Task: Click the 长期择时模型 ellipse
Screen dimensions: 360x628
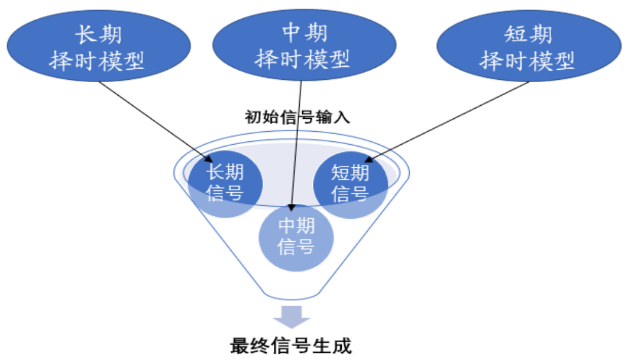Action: pyautogui.click(x=98, y=47)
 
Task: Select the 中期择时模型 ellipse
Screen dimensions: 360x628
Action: pyautogui.click(x=303, y=46)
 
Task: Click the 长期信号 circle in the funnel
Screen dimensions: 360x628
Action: pyautogui.click(x=225, y=182)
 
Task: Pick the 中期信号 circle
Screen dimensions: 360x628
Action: pyautogui.click(x=296, y=236)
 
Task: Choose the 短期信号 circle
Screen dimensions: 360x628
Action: pyautogui.click(x=351, y=183)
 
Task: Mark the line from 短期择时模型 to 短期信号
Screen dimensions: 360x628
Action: pyautogui.click(x=449, y=121)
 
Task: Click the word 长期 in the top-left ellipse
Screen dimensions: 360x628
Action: pyautogui.click(x=98, y=34)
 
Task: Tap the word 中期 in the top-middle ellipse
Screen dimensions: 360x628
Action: pyautogui.click(x=303, y=32)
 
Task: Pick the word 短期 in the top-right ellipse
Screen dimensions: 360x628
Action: pyautogui.click(x=528, y=34)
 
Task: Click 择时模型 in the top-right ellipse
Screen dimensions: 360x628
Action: pyautogui.click(x=528, y=60)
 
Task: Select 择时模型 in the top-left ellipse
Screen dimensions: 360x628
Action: pyautogui.click(x=98, y=60)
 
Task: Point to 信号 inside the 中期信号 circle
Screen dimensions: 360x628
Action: pyautogui.click(x=296, y=247)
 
